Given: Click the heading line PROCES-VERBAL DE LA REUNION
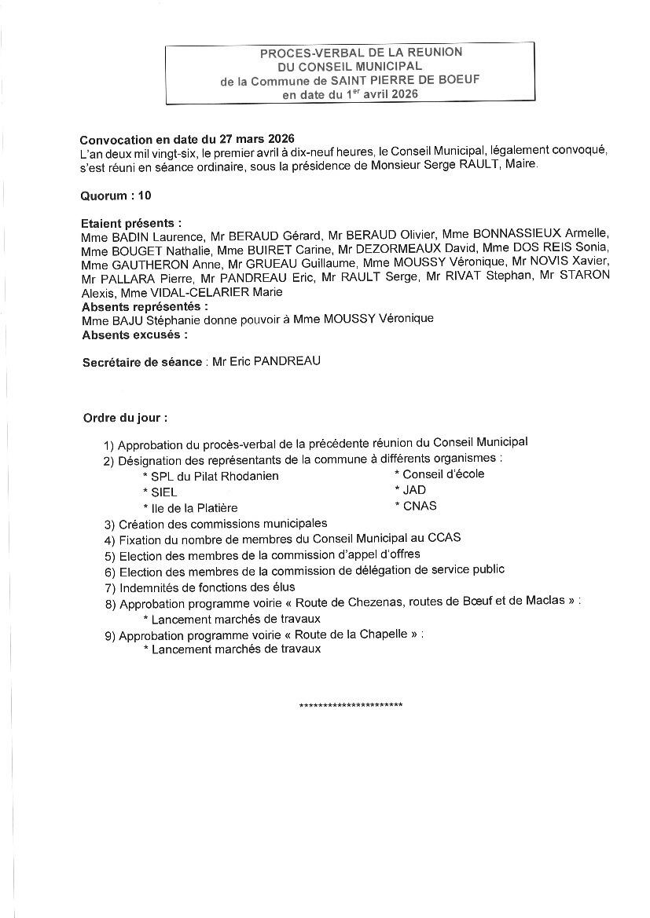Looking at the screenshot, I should (x=361, y=53).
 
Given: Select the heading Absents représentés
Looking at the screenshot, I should (x=145, y=306).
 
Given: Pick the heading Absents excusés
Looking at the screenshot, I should (x=134, y=335).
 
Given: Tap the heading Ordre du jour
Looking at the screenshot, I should (x=125, y=418).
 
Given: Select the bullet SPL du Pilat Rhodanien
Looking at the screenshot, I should (x=214, y=476).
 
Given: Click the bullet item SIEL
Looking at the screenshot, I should (x=163, y=492).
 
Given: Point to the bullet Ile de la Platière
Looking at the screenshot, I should (x=193, y=508).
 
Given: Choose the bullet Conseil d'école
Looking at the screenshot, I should (x=443, y=474).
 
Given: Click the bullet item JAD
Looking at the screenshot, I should (x=413, y=490).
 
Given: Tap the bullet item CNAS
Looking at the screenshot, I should (x=419, y=506).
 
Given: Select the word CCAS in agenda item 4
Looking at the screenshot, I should (x=445, y=538).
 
